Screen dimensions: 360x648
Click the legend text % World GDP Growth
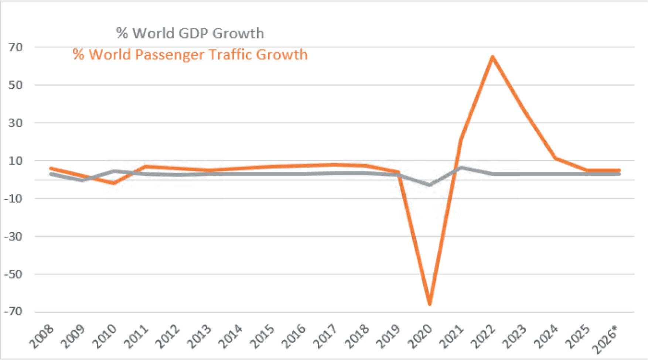[x=190, y=33]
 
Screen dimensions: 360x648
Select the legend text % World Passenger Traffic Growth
[x=190, y=55]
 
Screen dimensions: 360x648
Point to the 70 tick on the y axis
[x=16, y=47]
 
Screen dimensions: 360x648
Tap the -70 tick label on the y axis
[x=13, y=312]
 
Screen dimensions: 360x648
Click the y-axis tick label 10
[x=16, y=161]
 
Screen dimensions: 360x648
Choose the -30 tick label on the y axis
[x=13, y=236]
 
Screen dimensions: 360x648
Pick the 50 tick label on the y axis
[x=16, y=85]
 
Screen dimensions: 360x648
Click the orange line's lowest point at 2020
[x=430, y=304]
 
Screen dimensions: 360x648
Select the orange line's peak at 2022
[x=492, y=57]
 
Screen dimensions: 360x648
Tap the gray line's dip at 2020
[x=430, y=185]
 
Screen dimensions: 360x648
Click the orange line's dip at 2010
[x=114, y=183]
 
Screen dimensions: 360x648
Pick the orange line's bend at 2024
[x=555, y=158]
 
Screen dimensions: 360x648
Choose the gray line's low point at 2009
[x=82, y=180]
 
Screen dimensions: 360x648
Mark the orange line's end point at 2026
[x=619, y=171]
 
